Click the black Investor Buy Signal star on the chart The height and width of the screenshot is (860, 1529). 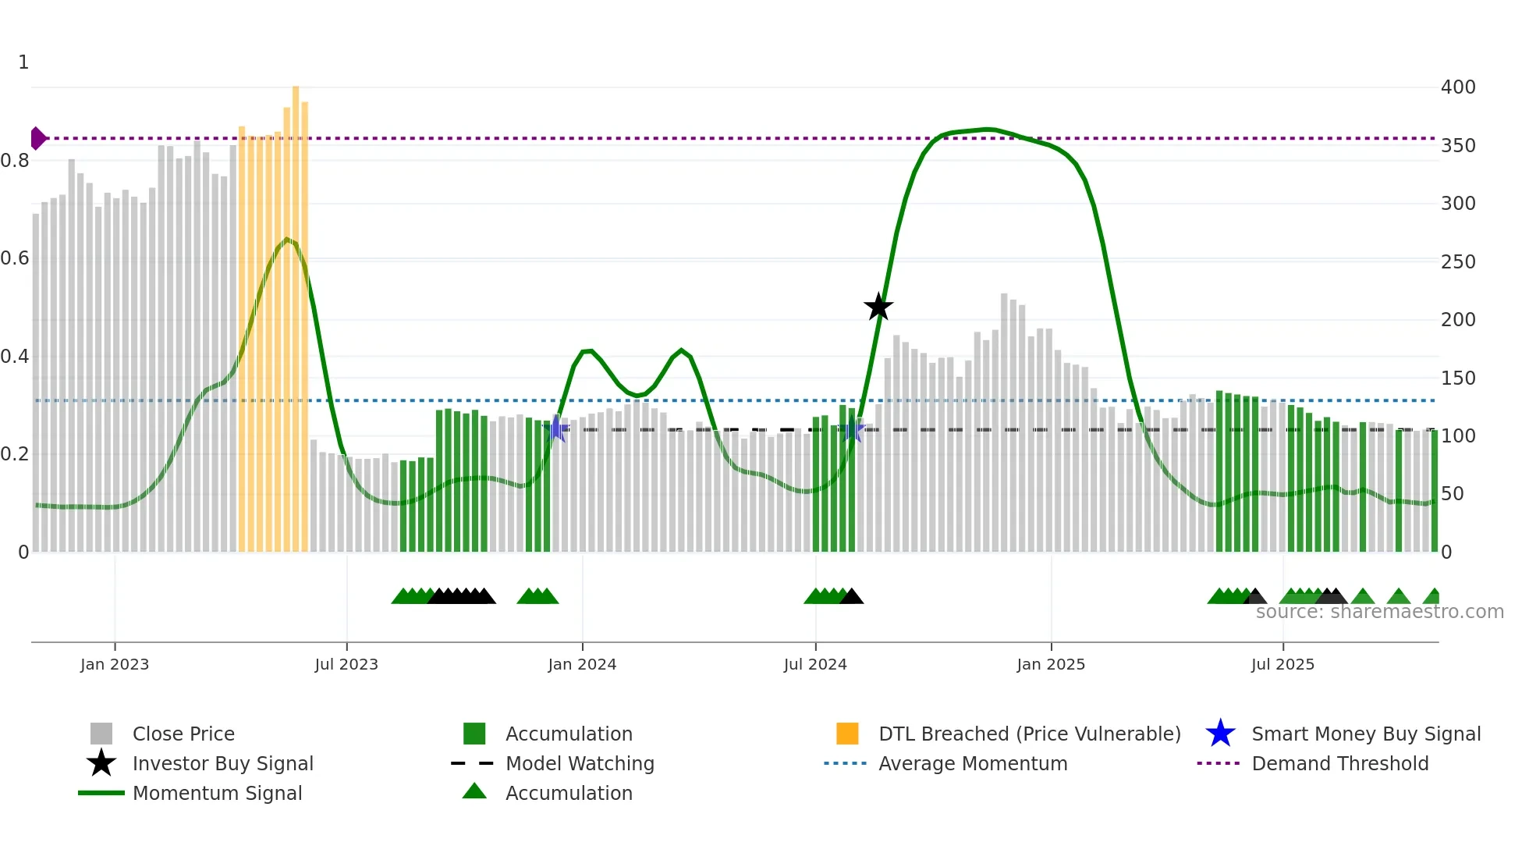[878, 307]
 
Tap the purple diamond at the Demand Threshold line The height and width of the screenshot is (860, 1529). [37, 138]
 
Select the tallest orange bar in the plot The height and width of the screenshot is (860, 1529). [296, 318]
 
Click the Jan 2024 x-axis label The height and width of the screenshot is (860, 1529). [582, 664]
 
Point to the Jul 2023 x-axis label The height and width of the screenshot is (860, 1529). [346, 664]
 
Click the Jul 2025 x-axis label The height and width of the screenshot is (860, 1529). [1282, 664]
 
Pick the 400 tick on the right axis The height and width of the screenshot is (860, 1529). [1458, 87]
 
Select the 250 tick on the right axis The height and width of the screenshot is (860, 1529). [1458, 261]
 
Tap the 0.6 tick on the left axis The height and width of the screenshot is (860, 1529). [15, 258]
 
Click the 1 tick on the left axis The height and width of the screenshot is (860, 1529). [23, 62]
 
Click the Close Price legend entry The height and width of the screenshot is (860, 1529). [183, 734]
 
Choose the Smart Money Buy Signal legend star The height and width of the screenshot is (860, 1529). [1220, 734]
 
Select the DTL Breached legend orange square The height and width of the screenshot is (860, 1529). [847, 734]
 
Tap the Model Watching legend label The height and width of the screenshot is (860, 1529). [580, 763]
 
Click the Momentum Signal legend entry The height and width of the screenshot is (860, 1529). [217, 793]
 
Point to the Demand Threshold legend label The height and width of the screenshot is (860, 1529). [1339, 763]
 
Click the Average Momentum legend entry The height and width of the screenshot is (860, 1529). [973, 763]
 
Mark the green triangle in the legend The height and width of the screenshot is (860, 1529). [474, 791]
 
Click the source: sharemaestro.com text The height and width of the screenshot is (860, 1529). [1379, 612]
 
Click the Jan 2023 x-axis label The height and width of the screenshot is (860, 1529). [115, 664]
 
